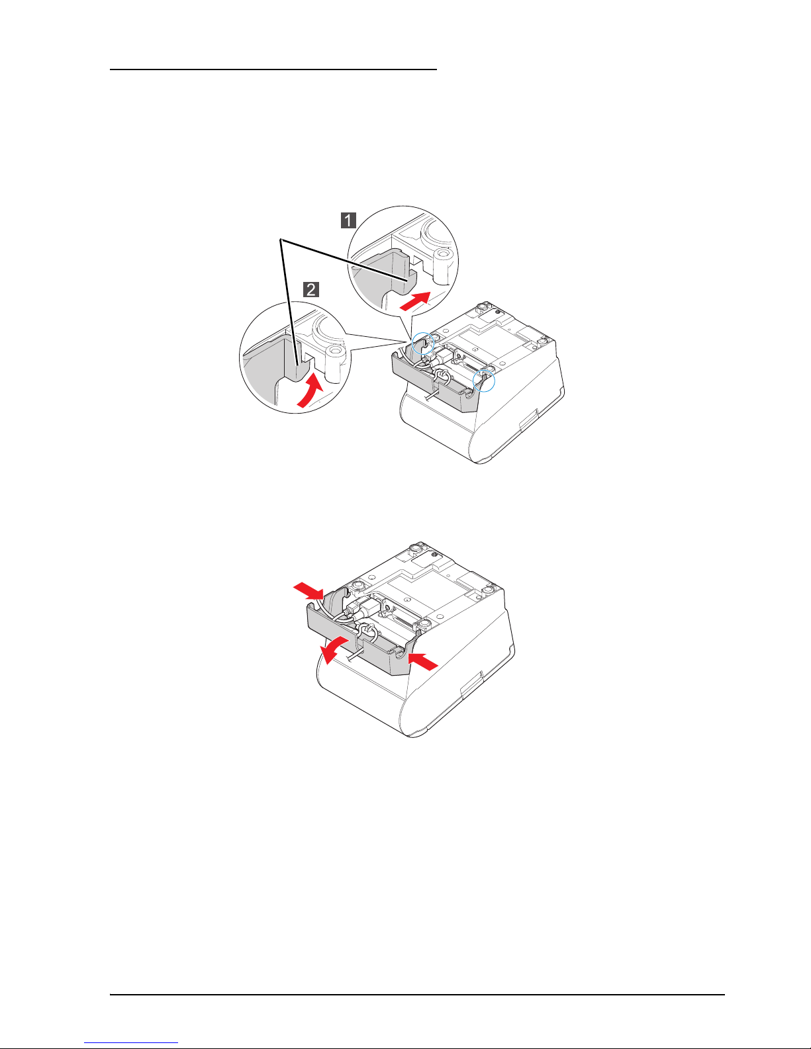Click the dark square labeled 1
(348, 220)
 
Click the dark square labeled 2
(311, 290)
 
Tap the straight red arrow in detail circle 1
(415, 301)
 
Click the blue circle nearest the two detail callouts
(423, 343)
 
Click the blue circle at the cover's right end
(484, 381)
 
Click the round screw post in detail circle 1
(443, 265)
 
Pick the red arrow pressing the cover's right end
(423, 661)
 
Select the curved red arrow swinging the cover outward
(333, 650)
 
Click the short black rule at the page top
(273, 69)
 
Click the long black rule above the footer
(417, 995)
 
